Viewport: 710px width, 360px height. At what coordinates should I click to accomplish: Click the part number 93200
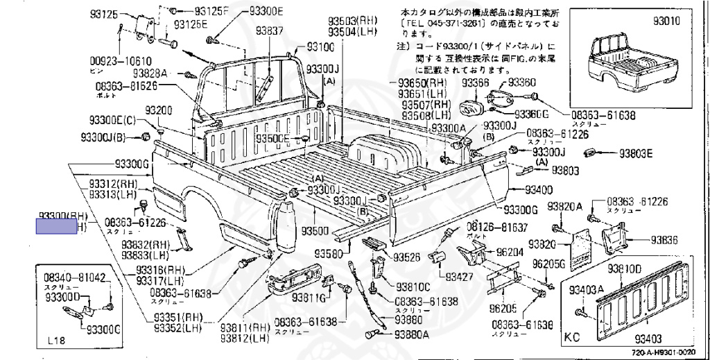tap(158, 111)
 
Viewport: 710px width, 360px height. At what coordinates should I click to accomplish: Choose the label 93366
tap(475, 83)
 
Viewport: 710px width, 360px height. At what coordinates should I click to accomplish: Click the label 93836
tap(664, 240)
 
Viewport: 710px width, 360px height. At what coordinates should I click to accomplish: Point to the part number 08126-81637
tap(496, 227)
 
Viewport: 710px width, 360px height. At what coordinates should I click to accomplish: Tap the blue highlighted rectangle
tap(57, 226)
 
